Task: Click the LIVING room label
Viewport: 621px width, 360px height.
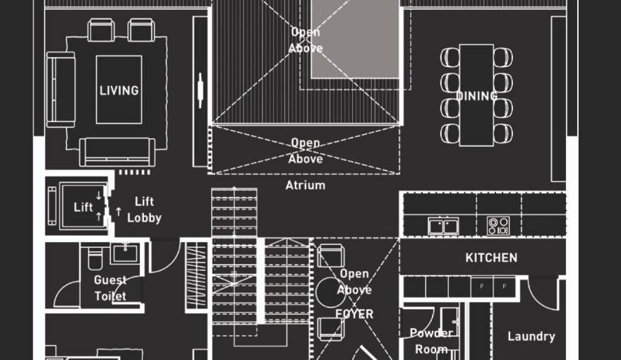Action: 119,90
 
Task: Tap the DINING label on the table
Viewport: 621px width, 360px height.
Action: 476,96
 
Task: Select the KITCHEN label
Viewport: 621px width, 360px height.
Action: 491,258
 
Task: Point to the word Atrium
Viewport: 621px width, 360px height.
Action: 306,185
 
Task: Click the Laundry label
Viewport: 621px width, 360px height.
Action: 531,336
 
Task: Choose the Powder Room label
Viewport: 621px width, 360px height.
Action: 431,341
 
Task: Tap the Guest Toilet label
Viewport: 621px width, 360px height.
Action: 110,288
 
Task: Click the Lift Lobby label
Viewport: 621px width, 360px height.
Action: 144,210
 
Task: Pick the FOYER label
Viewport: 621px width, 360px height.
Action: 354,314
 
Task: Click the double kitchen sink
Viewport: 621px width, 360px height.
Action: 444,226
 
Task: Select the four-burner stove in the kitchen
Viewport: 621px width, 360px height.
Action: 498,226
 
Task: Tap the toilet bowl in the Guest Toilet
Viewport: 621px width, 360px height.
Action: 95,258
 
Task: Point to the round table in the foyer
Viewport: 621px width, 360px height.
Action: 330,292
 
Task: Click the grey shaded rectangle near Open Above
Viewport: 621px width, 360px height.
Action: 355,40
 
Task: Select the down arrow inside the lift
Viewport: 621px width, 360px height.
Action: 99,196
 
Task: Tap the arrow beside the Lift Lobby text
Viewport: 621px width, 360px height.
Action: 118,212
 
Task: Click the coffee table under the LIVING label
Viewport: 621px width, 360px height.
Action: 119,90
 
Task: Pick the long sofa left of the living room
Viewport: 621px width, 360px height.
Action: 61,90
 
